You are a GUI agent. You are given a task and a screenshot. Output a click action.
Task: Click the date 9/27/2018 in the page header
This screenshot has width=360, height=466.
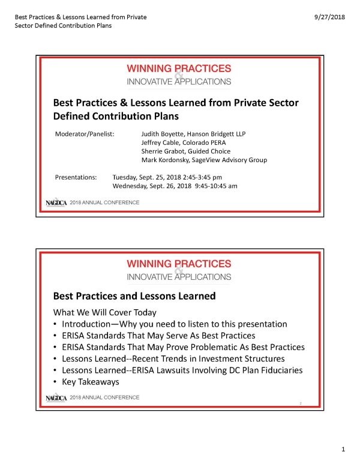click(x=329, y=17)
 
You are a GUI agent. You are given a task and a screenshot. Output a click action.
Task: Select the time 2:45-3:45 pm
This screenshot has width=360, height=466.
click(x=200, y=177)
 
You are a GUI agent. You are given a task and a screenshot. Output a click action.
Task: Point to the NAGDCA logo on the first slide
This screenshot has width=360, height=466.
click(x=57, y=203)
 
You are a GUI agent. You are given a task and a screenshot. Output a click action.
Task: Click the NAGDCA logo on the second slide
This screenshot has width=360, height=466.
click(x=57, y=398)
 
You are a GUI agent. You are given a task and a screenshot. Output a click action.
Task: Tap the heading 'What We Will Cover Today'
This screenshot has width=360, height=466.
click(x=105, y=312)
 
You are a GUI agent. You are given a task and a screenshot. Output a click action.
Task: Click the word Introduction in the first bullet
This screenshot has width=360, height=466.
click(x=91, y=324)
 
